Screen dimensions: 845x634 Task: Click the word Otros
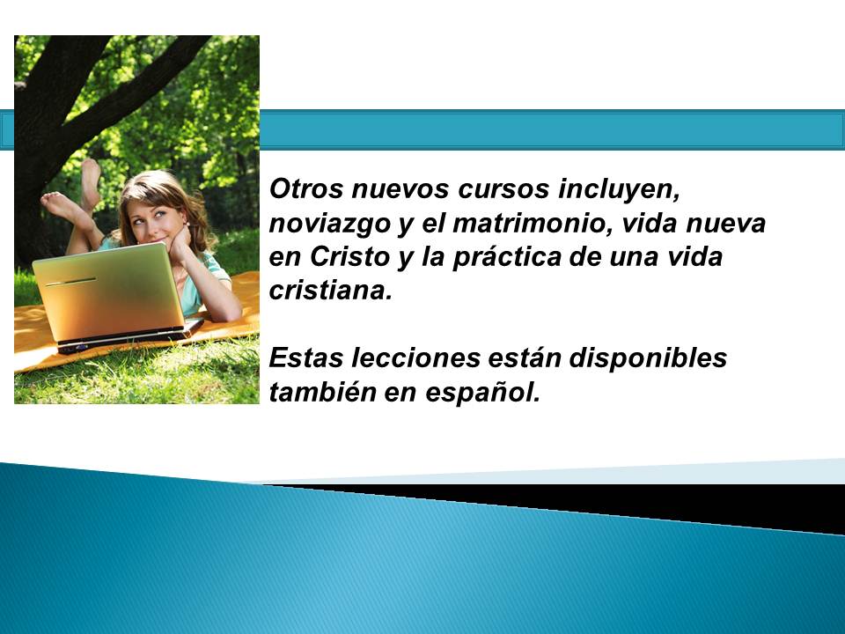tap(305, 188)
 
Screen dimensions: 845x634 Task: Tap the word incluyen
tap(619, 190)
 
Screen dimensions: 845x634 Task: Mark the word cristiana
tap(330, 291)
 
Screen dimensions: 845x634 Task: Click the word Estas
tap(305, 358)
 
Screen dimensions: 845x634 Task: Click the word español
tap(482, 393)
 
